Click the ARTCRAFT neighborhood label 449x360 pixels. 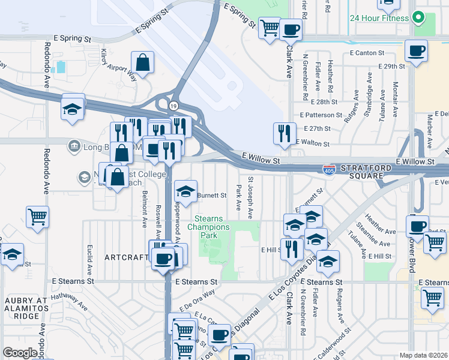(126, 257)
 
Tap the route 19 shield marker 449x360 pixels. (173, 106)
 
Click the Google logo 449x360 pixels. (20, 353)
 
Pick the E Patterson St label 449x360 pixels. (321, 115)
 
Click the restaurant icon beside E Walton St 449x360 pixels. (283, 133)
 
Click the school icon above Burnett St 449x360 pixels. (186, 192)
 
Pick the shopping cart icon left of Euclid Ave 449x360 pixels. (37, 217)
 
